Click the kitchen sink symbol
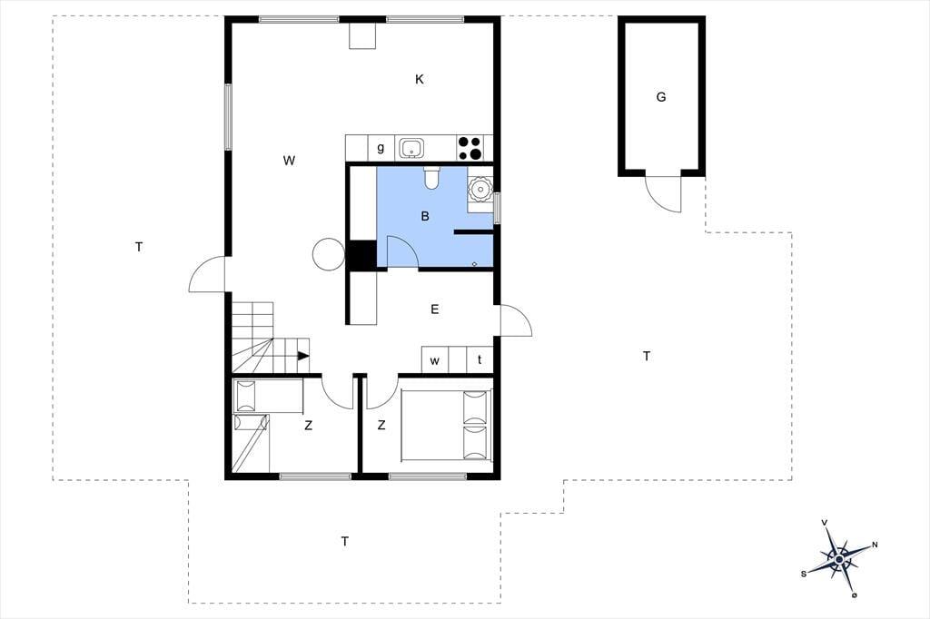tap(411, 148)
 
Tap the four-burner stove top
tap(470, 148)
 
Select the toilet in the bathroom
tap(431, 178)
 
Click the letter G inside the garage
tap(661, 96)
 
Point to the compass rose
tap(839, 558)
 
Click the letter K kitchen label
tap(420, 79)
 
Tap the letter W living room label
tap(289, 160)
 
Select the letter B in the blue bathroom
tap(425, 216)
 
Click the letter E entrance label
tap(435, 309)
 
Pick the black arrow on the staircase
tap(303, 356)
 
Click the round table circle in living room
tap(328, 254)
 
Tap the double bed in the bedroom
tap(447, 425)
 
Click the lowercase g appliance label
tap(381, 148)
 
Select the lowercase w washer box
tap(435, 360)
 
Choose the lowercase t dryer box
tap(480, 360)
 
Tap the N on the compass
tap(875, 545)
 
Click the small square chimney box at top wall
tap(362, 36)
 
